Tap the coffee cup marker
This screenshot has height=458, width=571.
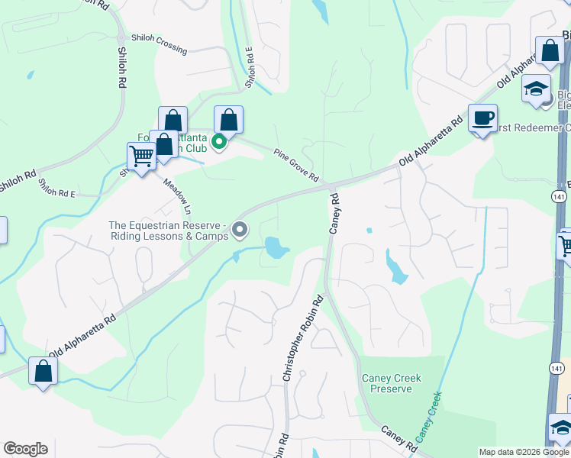pos(482,118)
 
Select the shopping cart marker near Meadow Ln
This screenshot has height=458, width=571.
pos(142,156)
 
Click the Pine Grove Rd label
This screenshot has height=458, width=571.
pos(296,165)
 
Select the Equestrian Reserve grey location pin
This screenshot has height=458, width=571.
pos(240,229)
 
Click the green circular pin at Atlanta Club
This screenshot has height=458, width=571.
pos(219,141)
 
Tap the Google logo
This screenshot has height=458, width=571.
pos(25,449)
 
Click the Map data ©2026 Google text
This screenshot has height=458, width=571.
pos(524,452)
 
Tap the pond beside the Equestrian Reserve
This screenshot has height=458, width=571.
pos(276,247)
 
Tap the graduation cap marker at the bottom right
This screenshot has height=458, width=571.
pos(561,428)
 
